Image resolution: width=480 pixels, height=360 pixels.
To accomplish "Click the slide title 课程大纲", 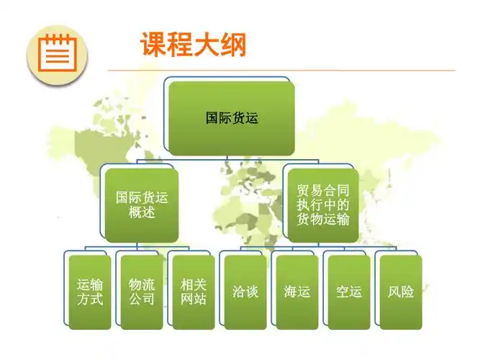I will (193, 45).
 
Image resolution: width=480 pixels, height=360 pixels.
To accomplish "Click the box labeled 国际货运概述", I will (142, 204).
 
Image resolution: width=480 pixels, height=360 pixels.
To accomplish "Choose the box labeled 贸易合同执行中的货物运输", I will (323, 204).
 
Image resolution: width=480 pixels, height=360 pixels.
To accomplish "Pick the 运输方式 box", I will (90, 292).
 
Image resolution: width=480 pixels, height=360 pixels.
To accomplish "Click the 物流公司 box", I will (142, 292).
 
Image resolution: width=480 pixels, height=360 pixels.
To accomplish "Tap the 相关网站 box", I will (194, 292).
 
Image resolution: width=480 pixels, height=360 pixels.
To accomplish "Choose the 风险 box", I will (401, 292).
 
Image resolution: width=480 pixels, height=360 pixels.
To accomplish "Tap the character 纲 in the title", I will (233, 45).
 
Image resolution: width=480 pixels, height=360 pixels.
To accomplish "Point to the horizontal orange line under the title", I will (288, 71).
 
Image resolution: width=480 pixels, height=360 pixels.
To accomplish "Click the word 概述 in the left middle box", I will (142, 212).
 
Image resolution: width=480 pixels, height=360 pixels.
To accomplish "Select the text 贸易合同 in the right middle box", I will (323, 192).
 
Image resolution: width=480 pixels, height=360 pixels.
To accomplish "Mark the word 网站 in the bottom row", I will (194, 299).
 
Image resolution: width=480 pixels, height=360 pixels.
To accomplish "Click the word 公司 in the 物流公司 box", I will (142, 299).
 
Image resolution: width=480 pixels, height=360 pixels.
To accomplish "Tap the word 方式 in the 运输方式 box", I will (90, 299).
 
